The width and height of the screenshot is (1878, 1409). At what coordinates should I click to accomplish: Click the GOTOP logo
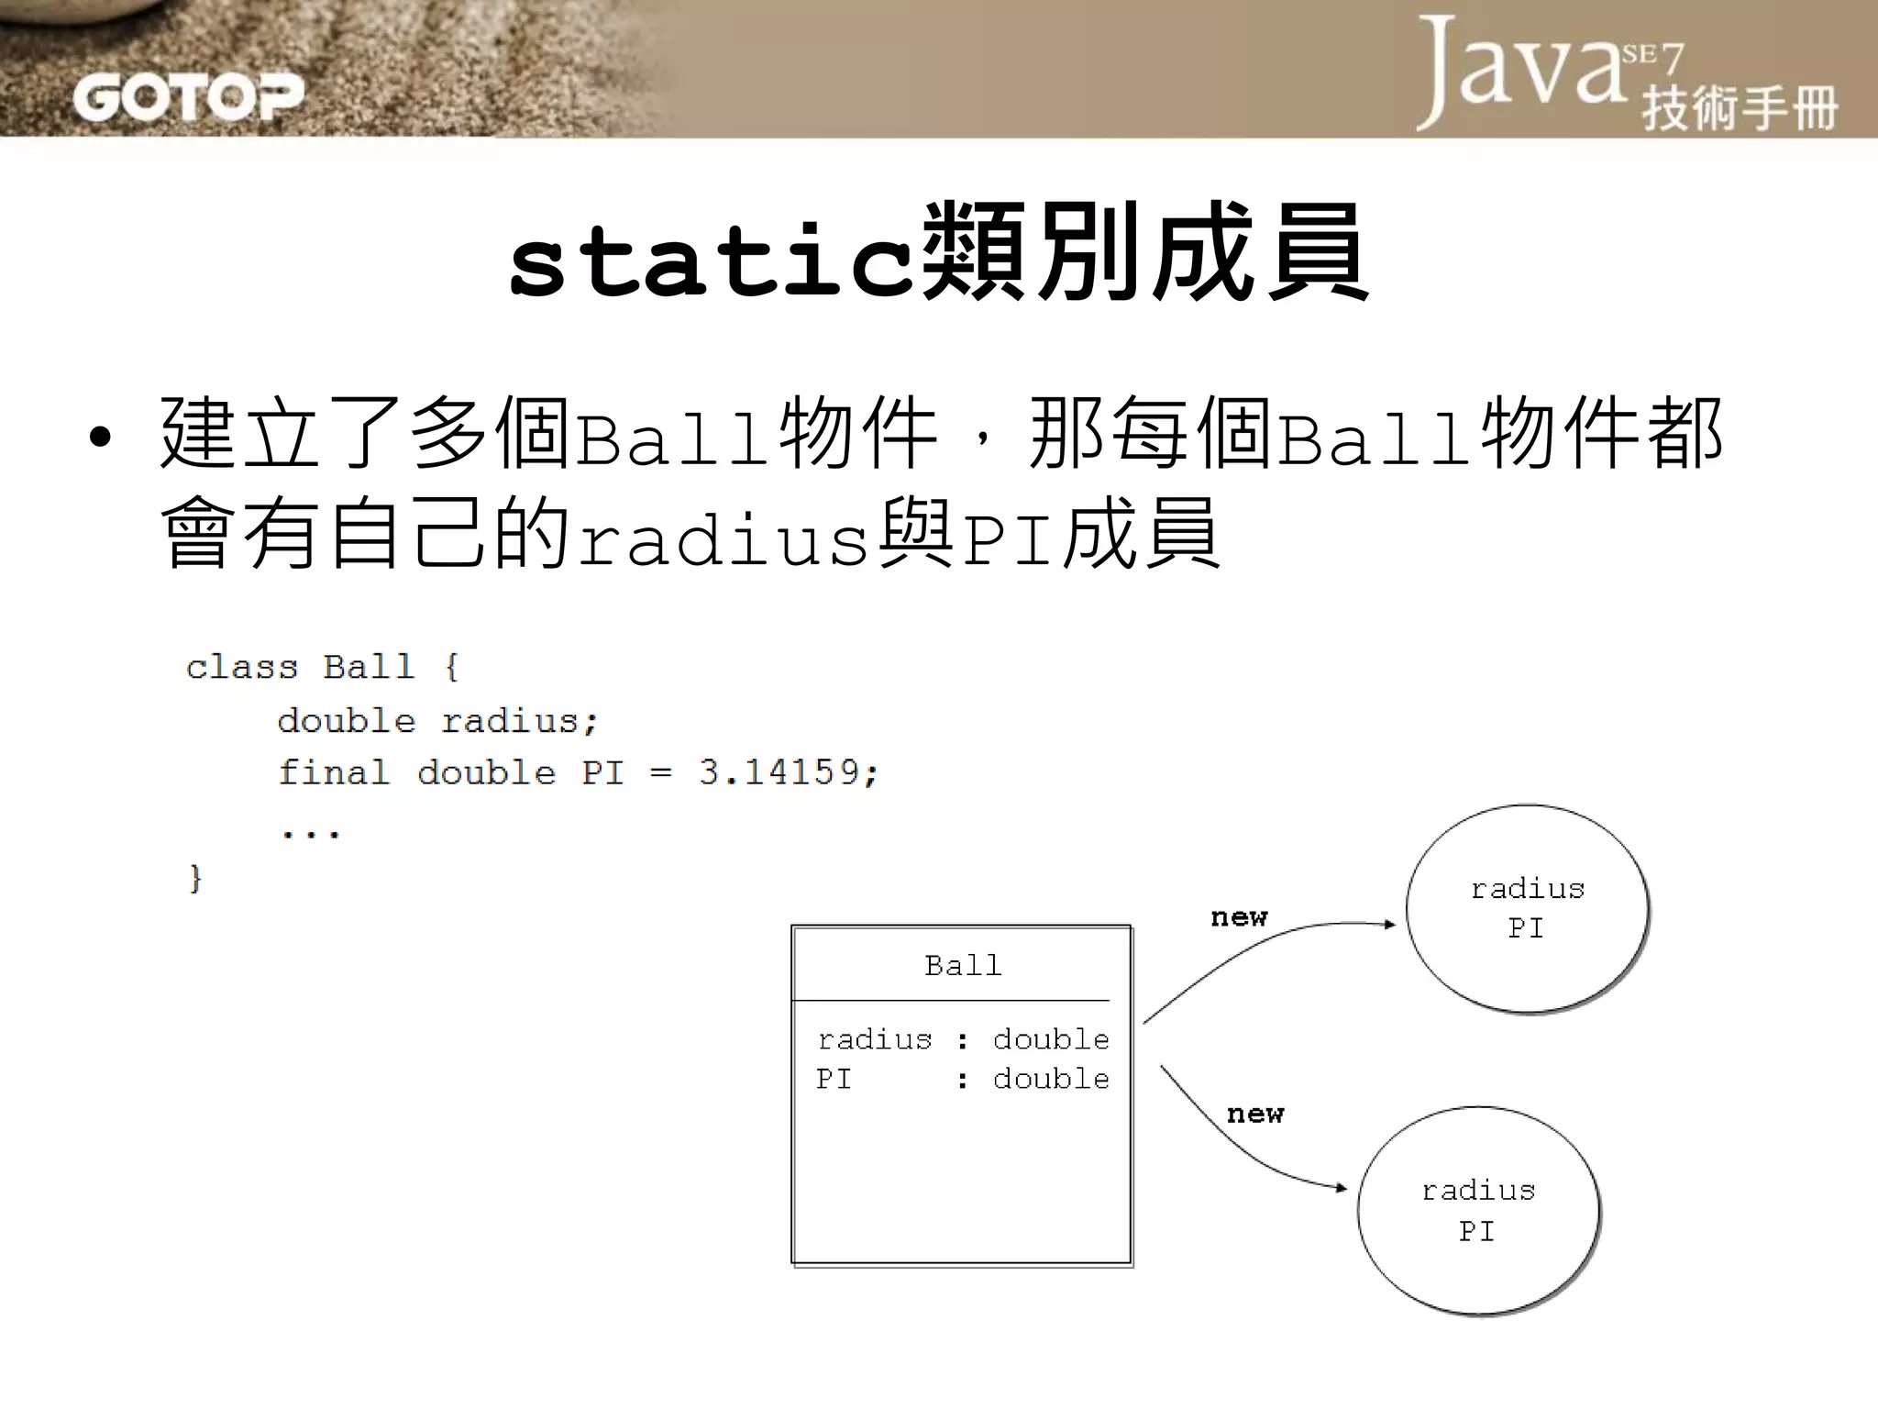tap(188, 97)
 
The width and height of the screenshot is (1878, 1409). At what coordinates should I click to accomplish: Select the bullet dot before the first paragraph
tap(100, 438)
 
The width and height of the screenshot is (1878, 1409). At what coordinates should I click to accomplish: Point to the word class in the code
tap(242, 667)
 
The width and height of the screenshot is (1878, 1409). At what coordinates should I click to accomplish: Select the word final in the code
tap(334, 772)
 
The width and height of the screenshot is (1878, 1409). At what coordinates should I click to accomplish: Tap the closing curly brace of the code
tap(195, 878)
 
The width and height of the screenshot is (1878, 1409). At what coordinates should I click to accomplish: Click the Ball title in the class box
tap(963, 965)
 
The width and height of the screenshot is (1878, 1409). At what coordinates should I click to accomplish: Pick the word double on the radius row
tap(1051, 1039)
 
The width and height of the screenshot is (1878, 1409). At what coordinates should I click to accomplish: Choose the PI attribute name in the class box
tap(834, 1079)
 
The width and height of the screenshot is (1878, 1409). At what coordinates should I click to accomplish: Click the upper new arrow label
tap(1239, 916)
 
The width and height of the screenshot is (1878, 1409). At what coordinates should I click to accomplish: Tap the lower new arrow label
tap(1255, 1114)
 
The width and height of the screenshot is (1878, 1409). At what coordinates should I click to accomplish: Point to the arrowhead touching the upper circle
tap(1389, 925)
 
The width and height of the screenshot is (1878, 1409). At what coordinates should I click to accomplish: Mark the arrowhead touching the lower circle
tap(1342, 1188)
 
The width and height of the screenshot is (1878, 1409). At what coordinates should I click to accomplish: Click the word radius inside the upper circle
tap(1528, 889)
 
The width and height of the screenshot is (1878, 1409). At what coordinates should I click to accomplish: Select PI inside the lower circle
tap(1476, 1231)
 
